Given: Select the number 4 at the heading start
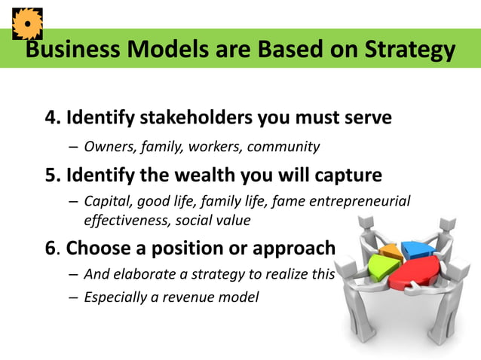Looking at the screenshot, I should [x=51, y=118].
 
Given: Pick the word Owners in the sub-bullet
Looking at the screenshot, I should [x=106, y=146].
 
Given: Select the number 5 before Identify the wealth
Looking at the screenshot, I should [x=51, y=175].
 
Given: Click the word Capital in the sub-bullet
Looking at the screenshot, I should [x=107, y=202].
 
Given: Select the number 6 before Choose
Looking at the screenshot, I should [x=51, y=249].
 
